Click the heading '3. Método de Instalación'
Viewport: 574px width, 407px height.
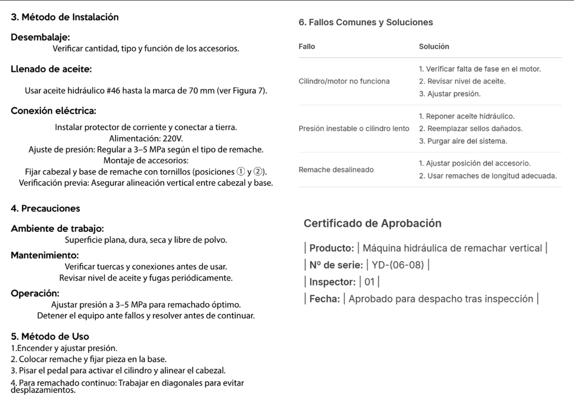click(x=64, y=17)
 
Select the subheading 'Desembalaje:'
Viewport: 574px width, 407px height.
click(x=40, y=37)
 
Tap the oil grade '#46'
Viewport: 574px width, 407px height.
click(x=114, y=90)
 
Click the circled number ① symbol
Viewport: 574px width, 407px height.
click(x=240, y=171)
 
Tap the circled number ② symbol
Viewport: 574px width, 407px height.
click(x=259, y=171)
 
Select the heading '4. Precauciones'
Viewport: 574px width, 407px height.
click(x=45, y=208)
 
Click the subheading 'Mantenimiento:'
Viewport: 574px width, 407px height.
click(x=44, y=255)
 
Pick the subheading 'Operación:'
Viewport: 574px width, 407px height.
click(x=35, y=293)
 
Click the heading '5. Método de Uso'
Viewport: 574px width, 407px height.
click(x=50, y=336)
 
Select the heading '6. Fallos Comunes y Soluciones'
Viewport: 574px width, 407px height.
click(x=366, y=22)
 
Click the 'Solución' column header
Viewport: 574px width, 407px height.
click(x=434, y=47)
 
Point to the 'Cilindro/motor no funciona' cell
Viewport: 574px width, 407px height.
click(x=344, y=81)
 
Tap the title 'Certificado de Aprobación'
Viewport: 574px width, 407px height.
click(x=372, y=223)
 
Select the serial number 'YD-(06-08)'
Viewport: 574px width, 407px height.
click(x=397, y=265)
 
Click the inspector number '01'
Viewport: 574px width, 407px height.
click(x=369, y=282)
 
